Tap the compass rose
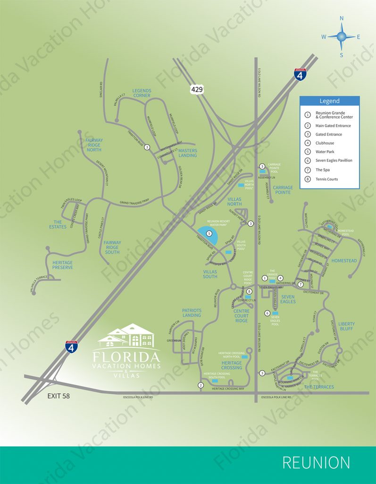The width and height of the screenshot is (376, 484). click(342, 36)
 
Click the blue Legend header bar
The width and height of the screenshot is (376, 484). click(329, 101)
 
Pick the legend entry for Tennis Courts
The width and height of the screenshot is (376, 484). click(326, 179)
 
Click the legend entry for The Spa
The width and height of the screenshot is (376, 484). click(323, 170)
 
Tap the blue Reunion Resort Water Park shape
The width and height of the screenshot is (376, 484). click(206, 233)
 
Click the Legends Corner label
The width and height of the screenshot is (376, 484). click(142, 93)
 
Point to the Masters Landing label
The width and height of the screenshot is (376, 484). click(187, 153)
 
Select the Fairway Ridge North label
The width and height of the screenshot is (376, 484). click(93, 145)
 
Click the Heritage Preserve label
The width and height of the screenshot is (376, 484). click(62, 265)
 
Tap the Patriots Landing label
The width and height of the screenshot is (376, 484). click(192, 313)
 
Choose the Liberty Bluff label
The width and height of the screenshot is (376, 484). click(346, 327)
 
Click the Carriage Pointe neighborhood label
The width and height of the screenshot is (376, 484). click(283, 190)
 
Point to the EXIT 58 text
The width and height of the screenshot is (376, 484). click(58, 396)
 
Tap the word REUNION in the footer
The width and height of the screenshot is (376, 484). click(316, 463)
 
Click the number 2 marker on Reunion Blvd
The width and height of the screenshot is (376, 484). click(201, 385)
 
